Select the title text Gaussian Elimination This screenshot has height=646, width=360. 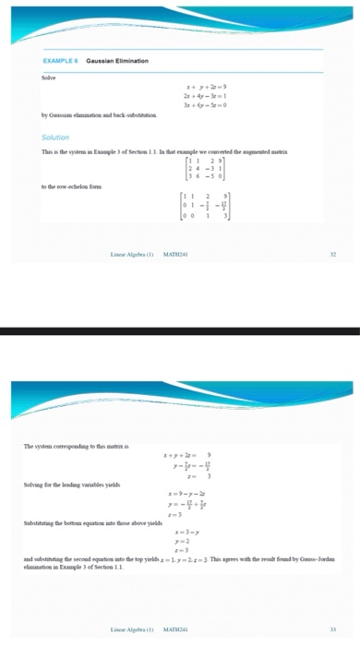coord(118,60)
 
